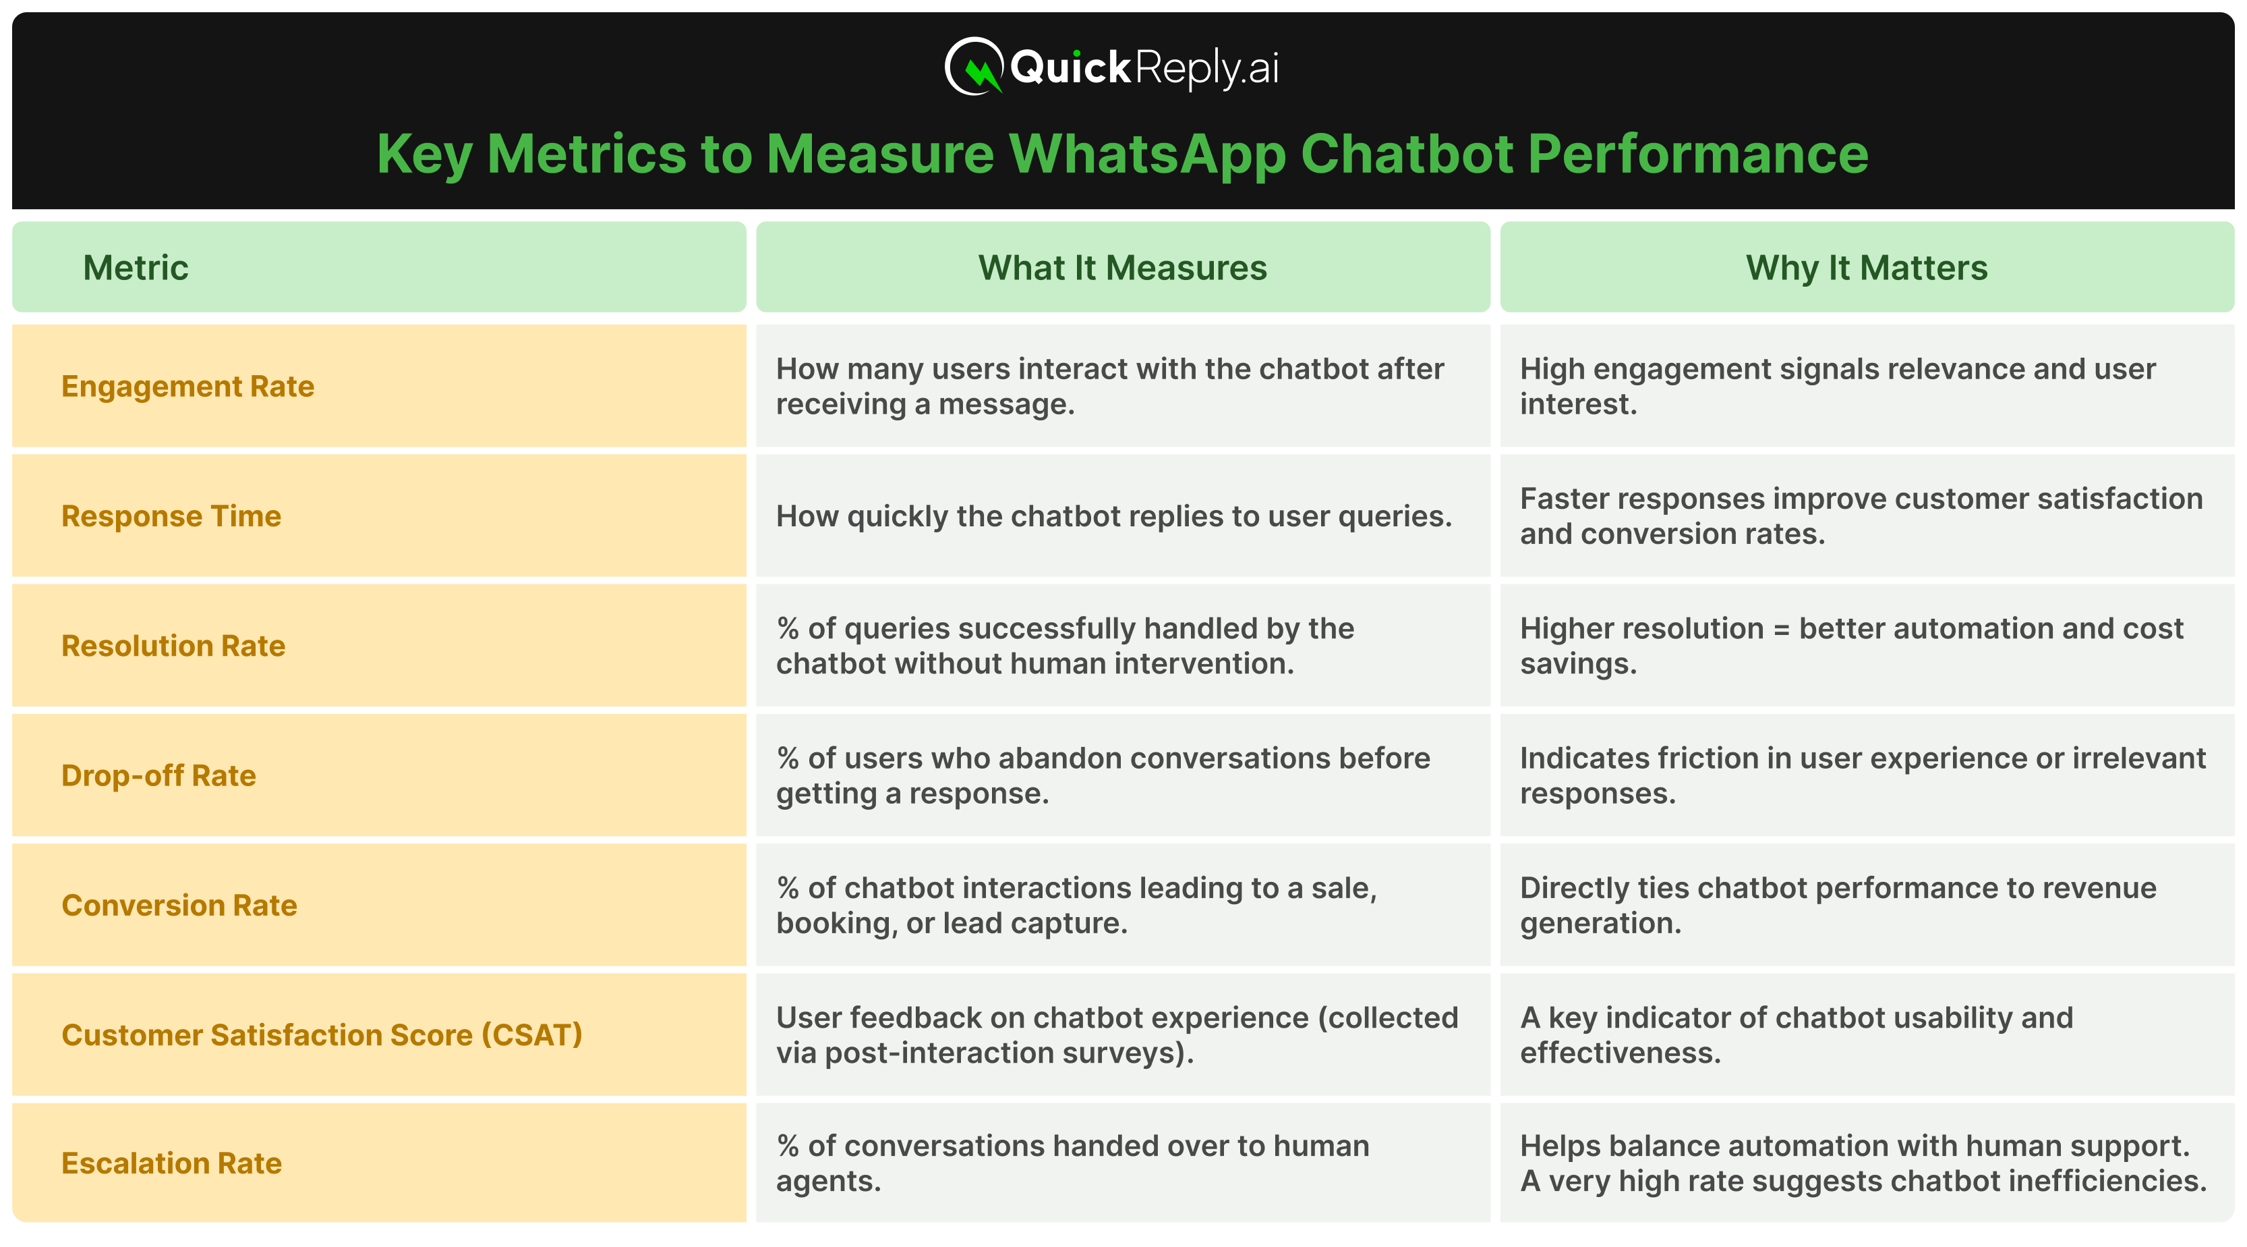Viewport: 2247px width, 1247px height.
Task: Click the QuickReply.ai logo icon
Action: tap(974, 66)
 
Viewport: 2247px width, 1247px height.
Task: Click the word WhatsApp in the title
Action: tap(1146, 155)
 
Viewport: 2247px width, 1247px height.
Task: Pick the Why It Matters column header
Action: tap(1866, 268)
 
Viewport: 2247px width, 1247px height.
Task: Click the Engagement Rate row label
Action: tap(187, 387)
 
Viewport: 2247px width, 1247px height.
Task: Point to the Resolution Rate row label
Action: tap(173, 646)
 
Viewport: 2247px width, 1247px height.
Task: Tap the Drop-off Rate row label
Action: tap(158, 776)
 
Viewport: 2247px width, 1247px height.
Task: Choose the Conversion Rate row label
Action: tap(179, 906)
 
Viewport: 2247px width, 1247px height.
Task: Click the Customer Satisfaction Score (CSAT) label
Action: tap(321, 1035)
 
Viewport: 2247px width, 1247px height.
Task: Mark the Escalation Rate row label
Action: tap(171, 1163)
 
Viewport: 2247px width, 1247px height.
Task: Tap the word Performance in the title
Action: tap(1697, 155)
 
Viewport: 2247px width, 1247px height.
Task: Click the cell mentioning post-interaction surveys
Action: tap(1117, 1035)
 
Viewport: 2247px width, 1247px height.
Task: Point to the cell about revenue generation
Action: tap(1838, 906)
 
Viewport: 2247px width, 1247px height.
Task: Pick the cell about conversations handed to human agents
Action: tap(1072, 1163)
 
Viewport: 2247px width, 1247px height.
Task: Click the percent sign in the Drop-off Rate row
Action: tap(788, 758)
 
